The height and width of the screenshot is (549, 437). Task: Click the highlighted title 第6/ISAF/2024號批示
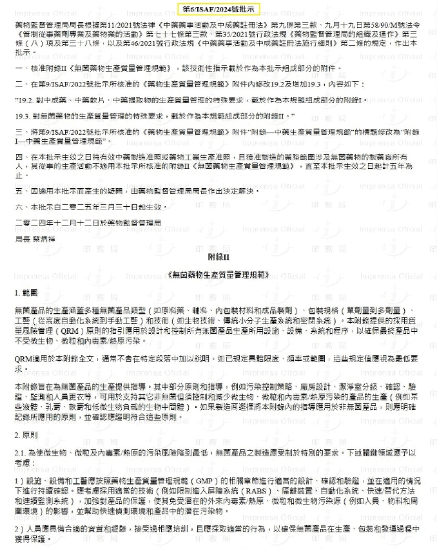tap(218, 10)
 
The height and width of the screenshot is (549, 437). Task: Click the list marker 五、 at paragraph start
tap(19, 191)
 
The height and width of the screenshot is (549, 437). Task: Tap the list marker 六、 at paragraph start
tap(19, 207)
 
